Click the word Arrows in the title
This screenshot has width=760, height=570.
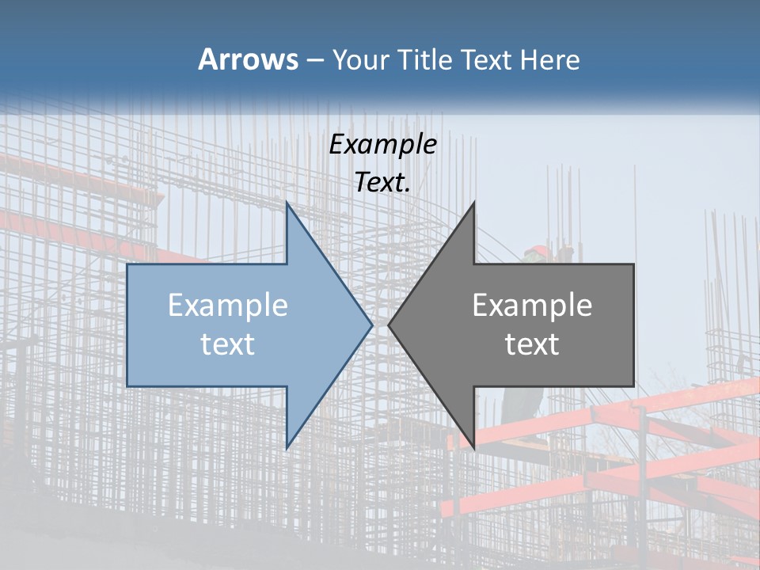coord(248,59)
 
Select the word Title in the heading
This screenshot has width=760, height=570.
coord(427,60)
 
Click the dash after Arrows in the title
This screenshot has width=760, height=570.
coord(314,61)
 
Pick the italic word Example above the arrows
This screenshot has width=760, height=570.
coord(383,144)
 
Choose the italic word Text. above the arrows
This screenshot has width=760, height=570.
coord(383,182)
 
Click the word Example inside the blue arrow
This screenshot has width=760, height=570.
coord(228,305)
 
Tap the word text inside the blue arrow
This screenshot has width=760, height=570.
coord(228,344)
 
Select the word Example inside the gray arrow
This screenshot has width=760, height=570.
coord(532,305)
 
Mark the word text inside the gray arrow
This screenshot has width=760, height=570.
coord(532,344)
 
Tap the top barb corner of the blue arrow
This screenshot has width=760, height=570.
coord(287,204)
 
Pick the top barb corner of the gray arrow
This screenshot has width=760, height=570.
coord(473,204)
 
